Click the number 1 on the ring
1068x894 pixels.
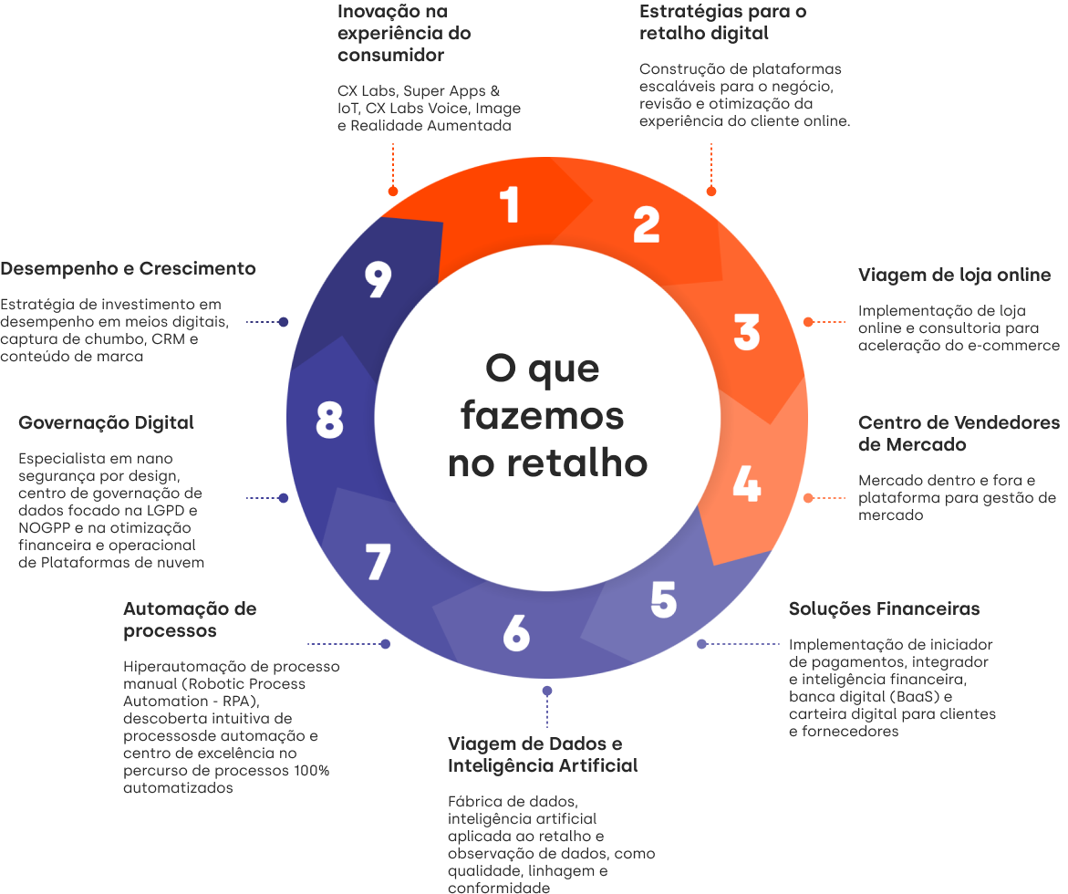511,204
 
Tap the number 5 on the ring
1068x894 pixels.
663,598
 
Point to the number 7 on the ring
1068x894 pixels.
378,562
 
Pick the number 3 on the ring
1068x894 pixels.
746,333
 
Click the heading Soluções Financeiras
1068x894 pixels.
884,608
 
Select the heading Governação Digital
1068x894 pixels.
106,423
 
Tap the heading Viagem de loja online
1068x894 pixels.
954,275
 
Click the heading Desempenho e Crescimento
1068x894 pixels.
128,269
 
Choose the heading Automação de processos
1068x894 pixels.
190,619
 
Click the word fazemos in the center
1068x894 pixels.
542,416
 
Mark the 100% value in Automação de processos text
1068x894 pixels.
311,771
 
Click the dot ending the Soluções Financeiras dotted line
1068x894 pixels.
701,644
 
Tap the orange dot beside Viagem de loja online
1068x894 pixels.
808,322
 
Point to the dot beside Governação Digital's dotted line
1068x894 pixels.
284,498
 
